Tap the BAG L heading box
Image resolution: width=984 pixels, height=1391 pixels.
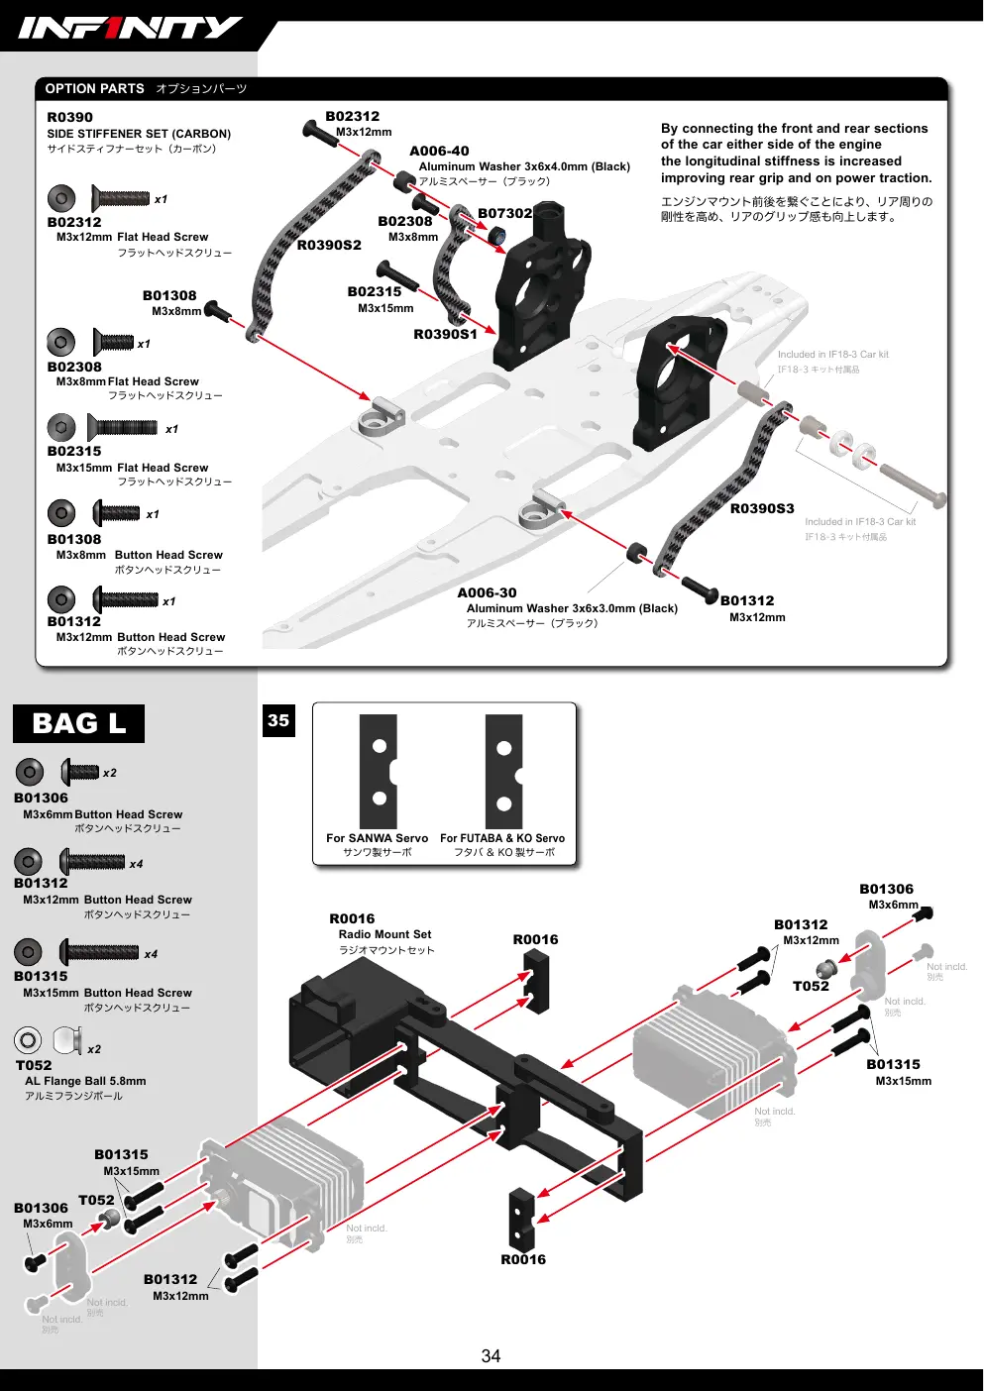click(79, 723)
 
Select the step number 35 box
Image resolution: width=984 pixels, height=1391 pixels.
click(278, 720)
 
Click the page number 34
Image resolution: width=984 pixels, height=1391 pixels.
click(491, 1356)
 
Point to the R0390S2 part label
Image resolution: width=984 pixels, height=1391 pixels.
click(329, 245)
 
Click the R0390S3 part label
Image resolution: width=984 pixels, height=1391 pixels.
click(762, 508)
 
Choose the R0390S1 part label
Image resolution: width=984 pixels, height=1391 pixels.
click(445, 334)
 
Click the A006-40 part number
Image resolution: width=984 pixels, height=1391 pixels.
click(439, 151)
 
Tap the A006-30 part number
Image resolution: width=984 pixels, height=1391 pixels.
click(487, 593)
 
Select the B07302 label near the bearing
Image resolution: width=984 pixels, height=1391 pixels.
click(505, 214)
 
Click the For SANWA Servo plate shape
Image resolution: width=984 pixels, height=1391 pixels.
click(379, 771)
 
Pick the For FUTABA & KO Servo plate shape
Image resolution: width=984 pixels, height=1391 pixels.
click(503, 771)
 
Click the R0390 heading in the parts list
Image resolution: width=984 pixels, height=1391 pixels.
click(69, 117)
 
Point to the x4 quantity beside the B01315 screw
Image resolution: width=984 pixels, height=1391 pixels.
click(151, 954)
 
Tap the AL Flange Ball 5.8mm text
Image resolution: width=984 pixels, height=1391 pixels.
click(86, 1081)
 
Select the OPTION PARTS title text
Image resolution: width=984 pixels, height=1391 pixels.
click(94, 89)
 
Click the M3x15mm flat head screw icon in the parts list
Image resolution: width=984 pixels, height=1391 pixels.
click(122, 427)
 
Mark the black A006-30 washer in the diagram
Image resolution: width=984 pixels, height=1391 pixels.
click(636, 552)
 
